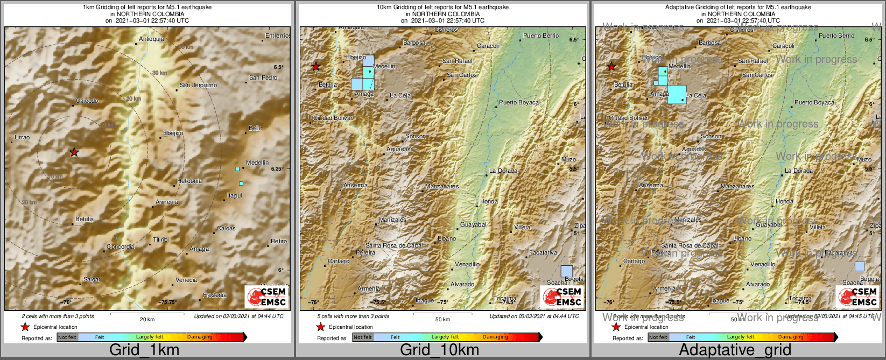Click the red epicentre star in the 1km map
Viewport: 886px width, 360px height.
(74, 153)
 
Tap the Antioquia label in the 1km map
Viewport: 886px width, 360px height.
(151, 39)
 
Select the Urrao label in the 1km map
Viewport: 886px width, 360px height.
(22, 137)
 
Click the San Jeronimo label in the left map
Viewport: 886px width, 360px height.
(198, 85)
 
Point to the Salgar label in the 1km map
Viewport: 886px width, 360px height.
(92, 279)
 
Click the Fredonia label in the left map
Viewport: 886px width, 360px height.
(215, 295)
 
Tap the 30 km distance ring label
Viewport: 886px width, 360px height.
(159, 73)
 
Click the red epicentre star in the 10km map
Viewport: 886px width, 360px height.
(316, 67)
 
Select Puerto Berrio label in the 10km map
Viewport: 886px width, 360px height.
(541, 36)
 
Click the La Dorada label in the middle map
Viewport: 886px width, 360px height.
(503, 171)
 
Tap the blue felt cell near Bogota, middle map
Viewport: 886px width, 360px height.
(566, 271)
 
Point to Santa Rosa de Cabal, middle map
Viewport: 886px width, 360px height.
(395, 245)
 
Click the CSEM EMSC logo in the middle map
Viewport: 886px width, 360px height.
(562, 297)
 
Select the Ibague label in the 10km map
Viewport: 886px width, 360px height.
(425, 300)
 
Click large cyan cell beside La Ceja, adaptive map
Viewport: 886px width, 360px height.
(677, 95)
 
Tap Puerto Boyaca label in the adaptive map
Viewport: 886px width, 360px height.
(814, 102)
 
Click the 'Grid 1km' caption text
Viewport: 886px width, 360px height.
(144, 350)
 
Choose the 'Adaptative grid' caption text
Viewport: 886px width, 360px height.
(735, 350)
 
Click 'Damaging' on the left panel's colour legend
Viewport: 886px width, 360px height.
(200, 337)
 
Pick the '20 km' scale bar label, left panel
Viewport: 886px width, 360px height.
(147, 319)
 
